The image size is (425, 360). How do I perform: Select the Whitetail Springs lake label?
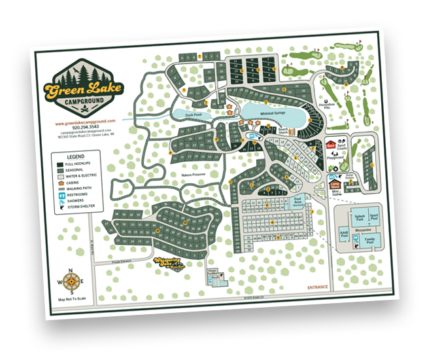coord(274,113)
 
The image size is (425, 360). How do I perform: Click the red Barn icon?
coord(331,145)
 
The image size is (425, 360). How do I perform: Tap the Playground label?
coord(335,157)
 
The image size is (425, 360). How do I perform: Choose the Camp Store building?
coord(335,185)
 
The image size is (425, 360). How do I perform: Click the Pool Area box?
coord(298,200)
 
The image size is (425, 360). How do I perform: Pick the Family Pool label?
coord(370,242)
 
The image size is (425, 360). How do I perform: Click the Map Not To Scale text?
coord(72,300)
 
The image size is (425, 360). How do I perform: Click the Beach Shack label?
coord(284,130)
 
